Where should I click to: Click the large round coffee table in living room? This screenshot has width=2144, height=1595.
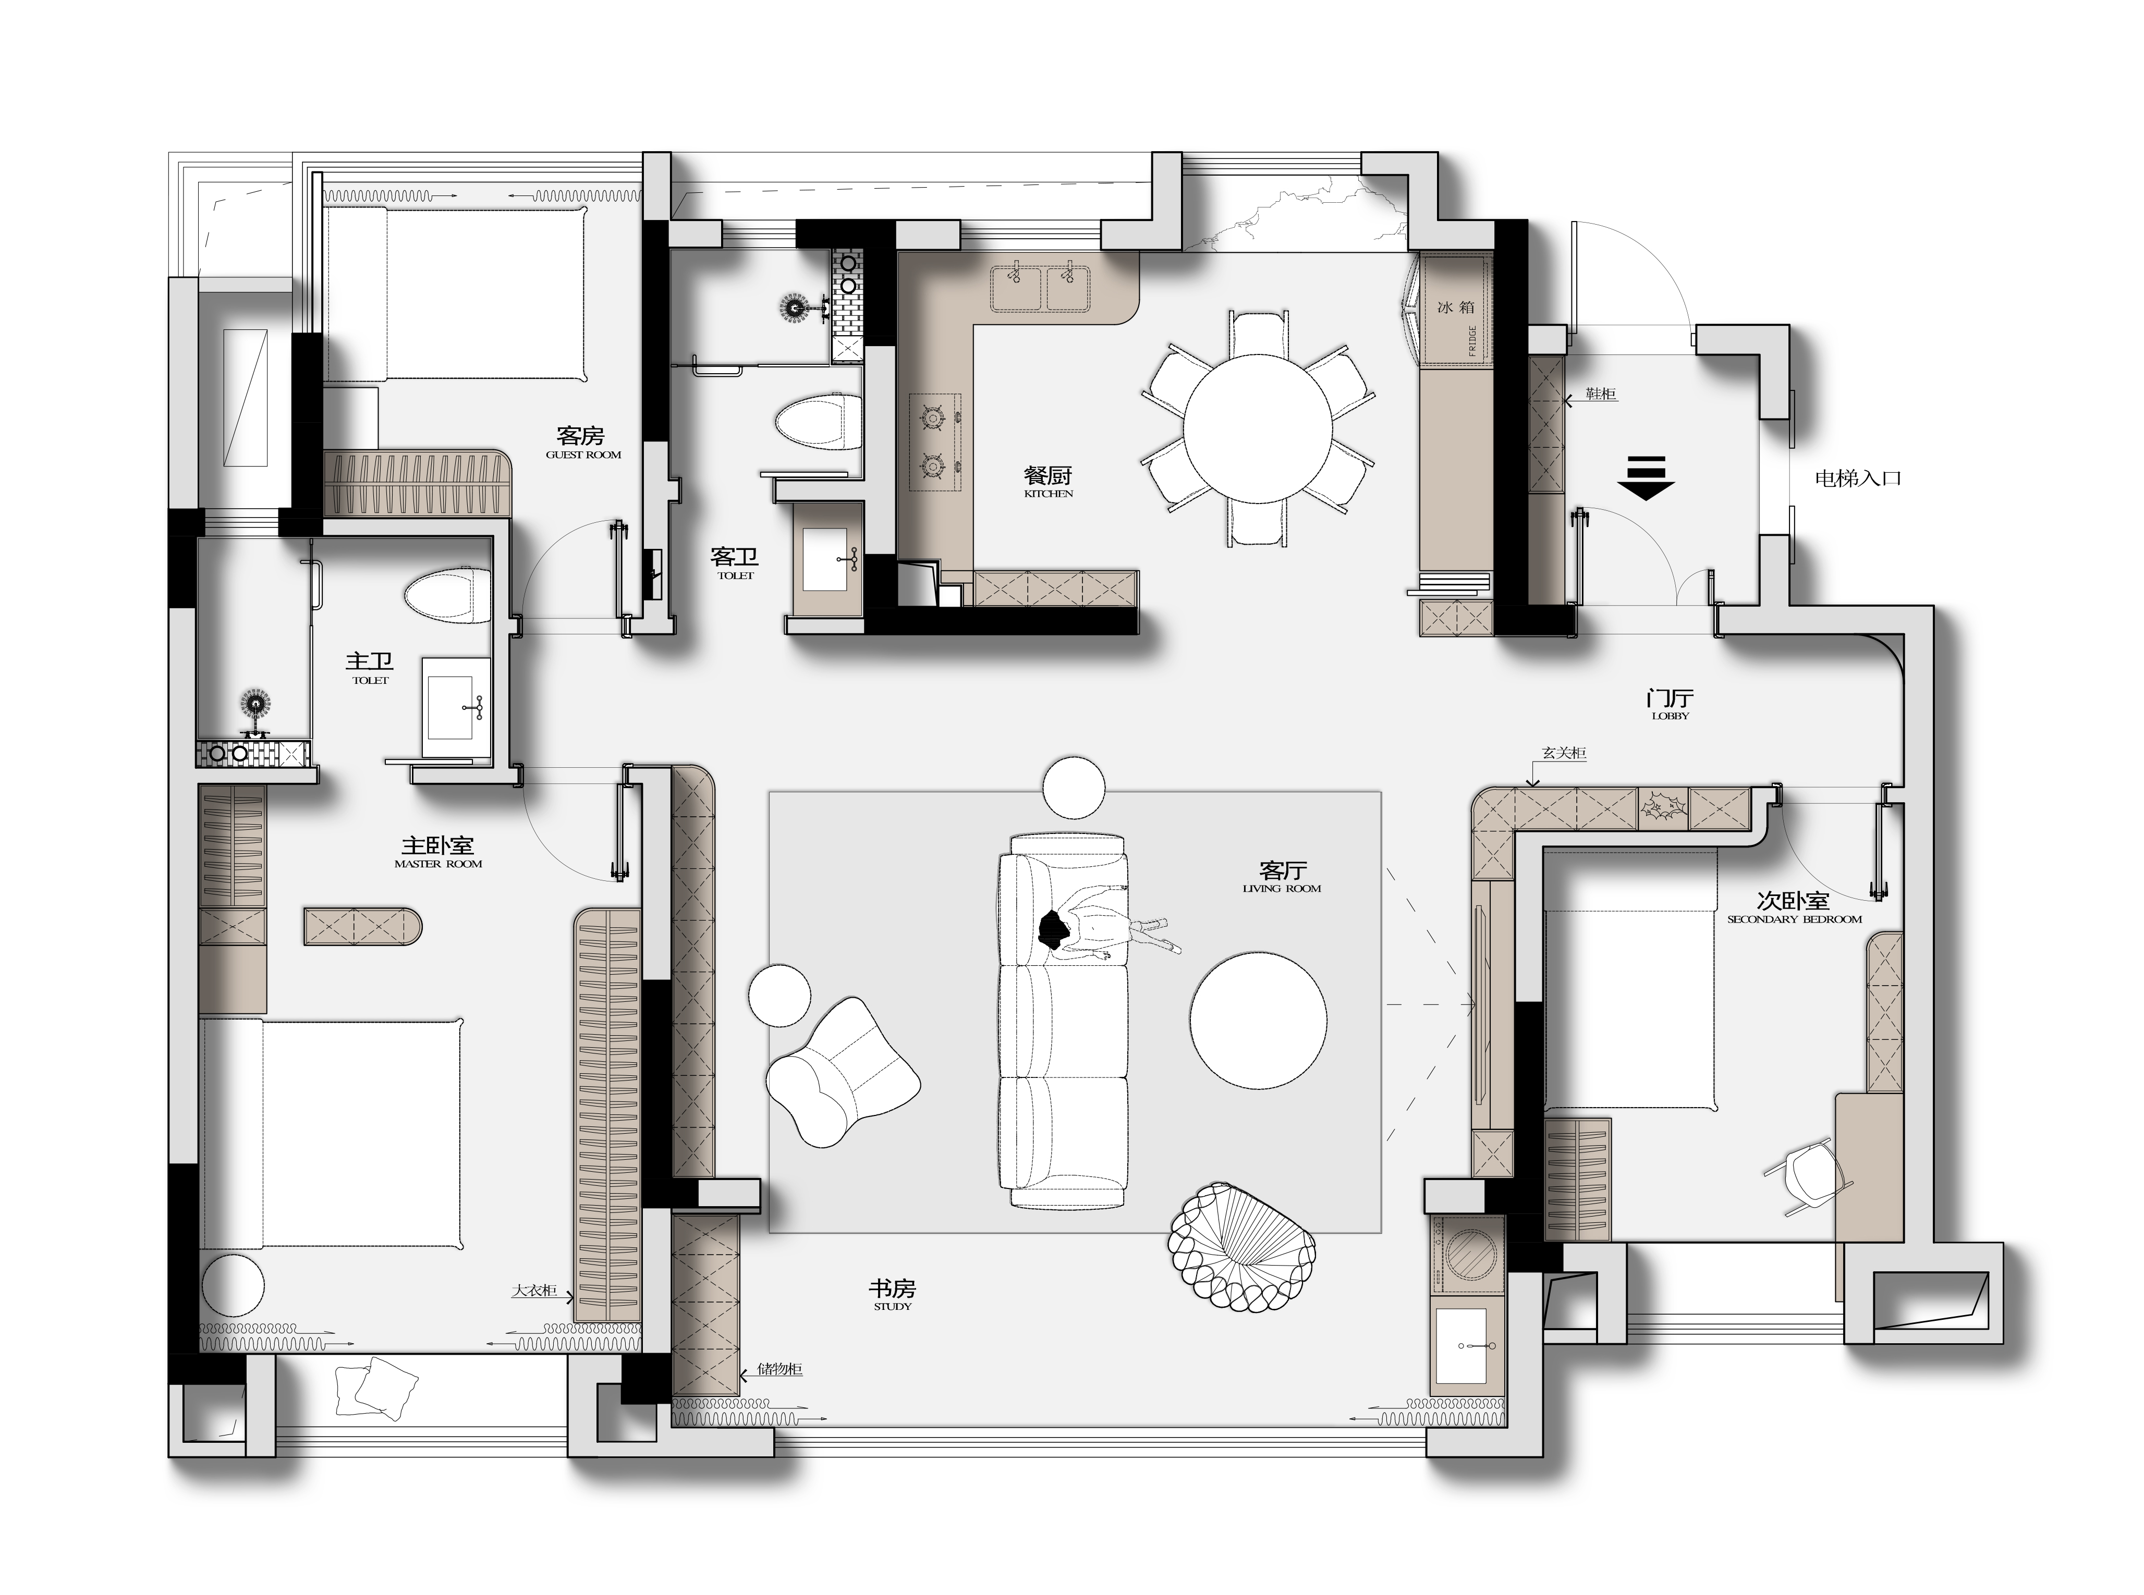1258,1022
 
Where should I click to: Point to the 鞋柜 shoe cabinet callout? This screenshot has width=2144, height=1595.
1600,394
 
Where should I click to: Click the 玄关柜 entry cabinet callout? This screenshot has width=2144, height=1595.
1564,753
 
